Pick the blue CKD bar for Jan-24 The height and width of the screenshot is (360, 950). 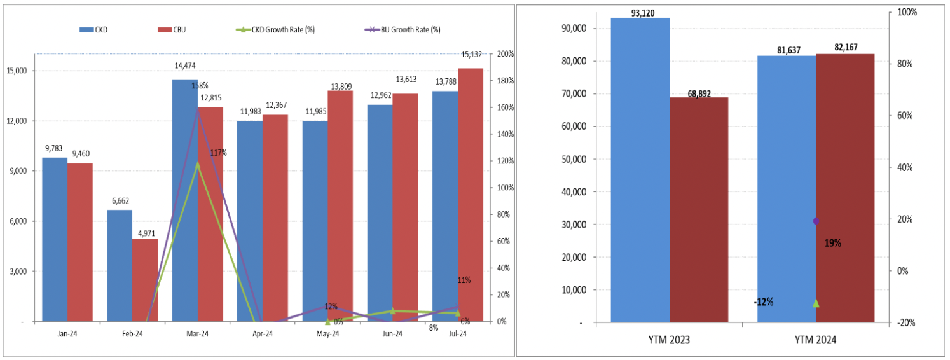(55, 239)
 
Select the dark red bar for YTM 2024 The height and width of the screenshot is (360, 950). (845, 188)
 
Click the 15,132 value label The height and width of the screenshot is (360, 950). (471, 62)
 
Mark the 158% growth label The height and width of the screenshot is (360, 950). (200, 85)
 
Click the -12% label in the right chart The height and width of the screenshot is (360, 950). (763, 302)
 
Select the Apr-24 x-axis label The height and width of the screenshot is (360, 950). (262, 333)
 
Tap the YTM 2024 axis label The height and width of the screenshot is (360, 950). (816, 340)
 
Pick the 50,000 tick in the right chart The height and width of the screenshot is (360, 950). (574, 159)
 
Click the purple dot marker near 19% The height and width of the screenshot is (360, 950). (816, 221)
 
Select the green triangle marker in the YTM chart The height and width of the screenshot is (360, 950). (816, 303)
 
